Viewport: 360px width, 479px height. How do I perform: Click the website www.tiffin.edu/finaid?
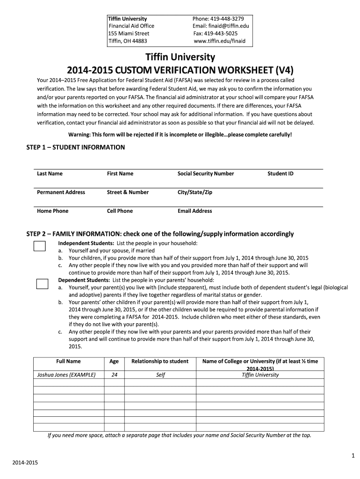pyautogui.click(x=219, y=41)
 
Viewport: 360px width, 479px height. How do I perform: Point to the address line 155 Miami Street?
pyautogui.click(x=129, y=34)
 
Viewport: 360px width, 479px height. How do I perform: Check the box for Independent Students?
pyautogui.click(x=40, y=247)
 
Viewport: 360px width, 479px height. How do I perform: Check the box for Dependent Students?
pyautogui.click(x=42, y=283)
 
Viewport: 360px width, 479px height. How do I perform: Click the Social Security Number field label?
pyautogui.click(x=206, y=174)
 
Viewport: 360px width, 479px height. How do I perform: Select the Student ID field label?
pyautogui.click(x=281, y=174)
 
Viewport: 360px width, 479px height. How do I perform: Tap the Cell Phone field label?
pyautogui.click(x=120, y=211)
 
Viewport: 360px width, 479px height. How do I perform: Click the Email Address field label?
pyautogui.click(x=194, y=211)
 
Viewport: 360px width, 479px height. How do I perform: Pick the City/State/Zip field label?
pyautogui.click(x=195, y=192)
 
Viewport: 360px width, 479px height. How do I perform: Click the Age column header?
pyautogui.click(x=114, y=361)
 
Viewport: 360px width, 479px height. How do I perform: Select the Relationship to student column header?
pyautogui.click(x=160, y=361)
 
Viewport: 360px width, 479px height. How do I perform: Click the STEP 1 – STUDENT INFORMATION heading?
pyautogui.click(x=76, y=147)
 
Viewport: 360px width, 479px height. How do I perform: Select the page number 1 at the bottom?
pyautogui.click(x=353, y=456)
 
